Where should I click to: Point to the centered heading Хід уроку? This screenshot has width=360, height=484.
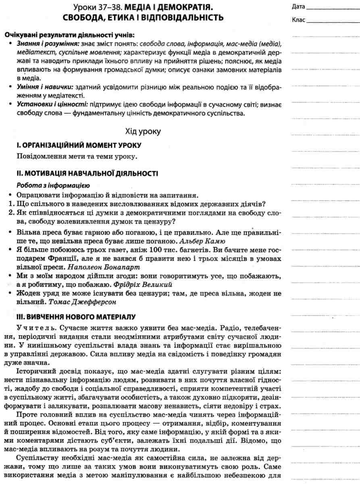tap(143, 131)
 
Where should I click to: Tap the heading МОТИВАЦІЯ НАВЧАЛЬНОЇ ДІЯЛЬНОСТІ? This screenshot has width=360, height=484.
tap(87, 173)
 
